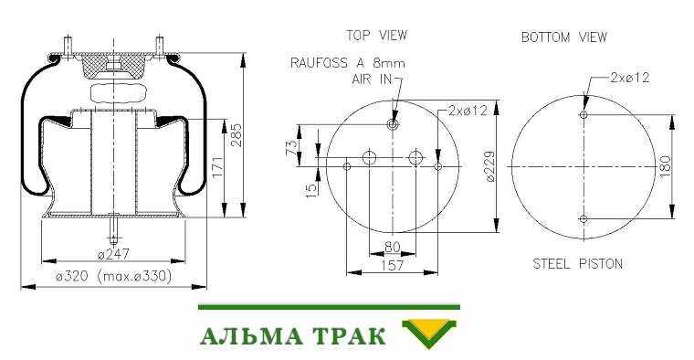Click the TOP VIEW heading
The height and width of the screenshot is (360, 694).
click(x=376, y=36)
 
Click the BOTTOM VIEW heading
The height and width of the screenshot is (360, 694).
click(x=564, y=37)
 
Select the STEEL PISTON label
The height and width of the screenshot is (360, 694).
click(x=578, y=264)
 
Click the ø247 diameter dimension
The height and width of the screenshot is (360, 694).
click(x=113, y=254)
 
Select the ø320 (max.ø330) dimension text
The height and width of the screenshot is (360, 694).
click(x=113, y=276)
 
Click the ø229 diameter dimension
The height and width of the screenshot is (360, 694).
click(x=490, y=166)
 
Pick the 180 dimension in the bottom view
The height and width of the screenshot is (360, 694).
click(x=665, y=166)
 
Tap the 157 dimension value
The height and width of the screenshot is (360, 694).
click(x=392, y=265)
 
